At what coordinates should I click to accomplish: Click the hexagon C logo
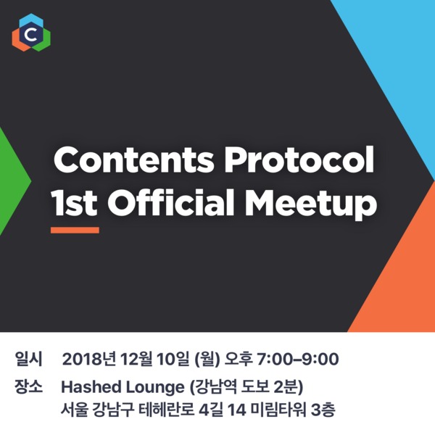click(x=31, y=33)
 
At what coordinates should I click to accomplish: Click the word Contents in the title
click(x=134, y=161)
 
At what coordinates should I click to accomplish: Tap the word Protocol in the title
click(x=299, y=160)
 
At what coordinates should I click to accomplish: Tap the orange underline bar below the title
click(x=75, y=230)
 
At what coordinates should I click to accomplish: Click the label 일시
click(x=29, y=359)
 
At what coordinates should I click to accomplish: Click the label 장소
click(x=29, y=386)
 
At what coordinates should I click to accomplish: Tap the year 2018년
click(x=88, y=360)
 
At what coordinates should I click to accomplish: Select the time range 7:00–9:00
click(x=298, y=360)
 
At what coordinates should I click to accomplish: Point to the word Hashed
click(x=91, y=386)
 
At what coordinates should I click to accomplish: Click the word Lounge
click(x=155, y=388)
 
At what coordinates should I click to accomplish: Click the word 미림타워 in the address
click(x=278, y=410)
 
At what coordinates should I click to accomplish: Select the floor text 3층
click(x=323, y=410)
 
